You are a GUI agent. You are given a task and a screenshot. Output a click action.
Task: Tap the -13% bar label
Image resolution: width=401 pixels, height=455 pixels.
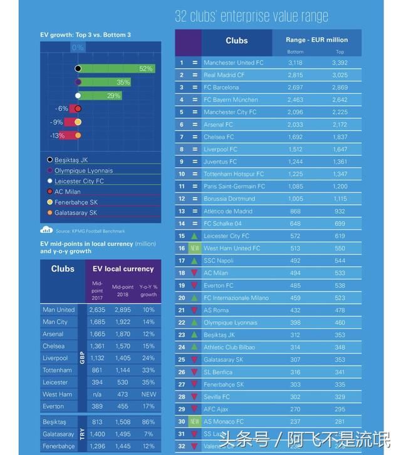pyautogui.click(x=58, y=135)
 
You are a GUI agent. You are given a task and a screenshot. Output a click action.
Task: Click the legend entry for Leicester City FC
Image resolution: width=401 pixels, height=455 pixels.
pyautogui.click(x=79, y=181)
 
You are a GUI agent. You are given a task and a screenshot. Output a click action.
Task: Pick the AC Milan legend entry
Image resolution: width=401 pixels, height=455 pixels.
pyautogui.click(x=68, y=192)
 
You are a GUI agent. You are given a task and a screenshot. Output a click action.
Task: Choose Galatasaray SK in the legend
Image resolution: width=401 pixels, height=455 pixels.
pyautogui.click(x=75, y=213)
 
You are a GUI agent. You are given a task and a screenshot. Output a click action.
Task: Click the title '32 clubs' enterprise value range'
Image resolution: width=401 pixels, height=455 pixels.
pyautogui.click(x=251, y=16)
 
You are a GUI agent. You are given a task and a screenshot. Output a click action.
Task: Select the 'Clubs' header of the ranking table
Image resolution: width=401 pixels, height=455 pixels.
pyautogui.click(x=236, y=41)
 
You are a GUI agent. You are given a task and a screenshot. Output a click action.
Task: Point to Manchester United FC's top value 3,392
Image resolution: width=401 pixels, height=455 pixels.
pyautogui.click(x=340, y=63)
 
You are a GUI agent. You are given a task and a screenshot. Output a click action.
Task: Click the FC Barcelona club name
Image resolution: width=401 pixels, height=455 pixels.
pyautogui.click(x=221, y=87)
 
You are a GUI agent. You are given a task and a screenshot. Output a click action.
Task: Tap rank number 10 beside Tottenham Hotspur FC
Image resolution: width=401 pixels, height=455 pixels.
pyautogui.click(x=182, y=174)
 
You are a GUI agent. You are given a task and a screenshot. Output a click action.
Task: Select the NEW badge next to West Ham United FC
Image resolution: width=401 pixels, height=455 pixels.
pyautogui.click(x=195, y=248)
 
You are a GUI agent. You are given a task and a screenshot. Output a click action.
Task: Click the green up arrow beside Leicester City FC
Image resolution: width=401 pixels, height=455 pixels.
pyautogui.click(x=195, y=236)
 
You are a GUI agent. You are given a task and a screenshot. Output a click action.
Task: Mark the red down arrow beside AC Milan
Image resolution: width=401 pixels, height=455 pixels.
pyautogui.click(x=195, y=273)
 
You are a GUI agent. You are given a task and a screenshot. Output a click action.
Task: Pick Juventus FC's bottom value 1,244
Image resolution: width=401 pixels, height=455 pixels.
pyautogui.click(x=295, y=161)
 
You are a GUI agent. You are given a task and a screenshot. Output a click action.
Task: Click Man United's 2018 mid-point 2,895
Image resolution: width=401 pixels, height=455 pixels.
pyautogui.click(x=122, y=310)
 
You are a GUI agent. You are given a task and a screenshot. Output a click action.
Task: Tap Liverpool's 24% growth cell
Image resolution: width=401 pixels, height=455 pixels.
pyautogui.click(x=148, y=358)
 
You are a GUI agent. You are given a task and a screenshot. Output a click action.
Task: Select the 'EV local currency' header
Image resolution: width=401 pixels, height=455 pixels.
pyautogui.click(x=123, y=268)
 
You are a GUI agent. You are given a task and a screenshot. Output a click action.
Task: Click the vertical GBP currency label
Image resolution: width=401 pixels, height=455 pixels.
pyautogui.click(x=82, y=357)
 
